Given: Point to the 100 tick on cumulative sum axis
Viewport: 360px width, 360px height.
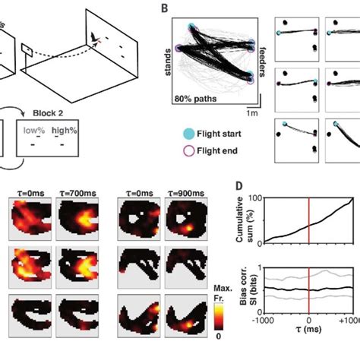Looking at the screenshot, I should (x=251, y=198).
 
